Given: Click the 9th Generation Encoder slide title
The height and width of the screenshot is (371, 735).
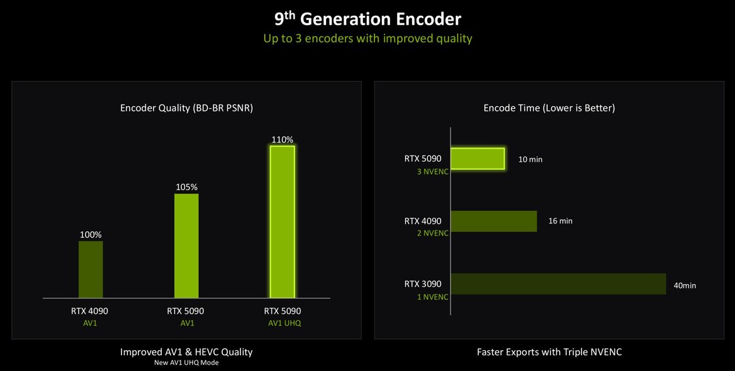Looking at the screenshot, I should pyautogui.click(x=367, y=18).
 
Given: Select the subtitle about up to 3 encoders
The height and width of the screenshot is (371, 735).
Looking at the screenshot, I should pyautogui.click(x=367, y=38).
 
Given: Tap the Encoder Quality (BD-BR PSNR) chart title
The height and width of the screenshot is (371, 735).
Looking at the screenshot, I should pyautogui.click(x=186, y=108).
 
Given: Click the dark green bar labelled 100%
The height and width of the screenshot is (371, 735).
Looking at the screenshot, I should pyautogui.click(x=91, y=269).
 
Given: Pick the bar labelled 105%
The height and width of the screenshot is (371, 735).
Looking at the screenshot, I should pyautogui.click(x=186, y=245).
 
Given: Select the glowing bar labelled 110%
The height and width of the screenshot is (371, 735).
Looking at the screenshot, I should pyautogui.click(x=282, y=221).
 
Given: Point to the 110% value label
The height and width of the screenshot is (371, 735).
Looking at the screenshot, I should pyautogui.click(x=282, y=139).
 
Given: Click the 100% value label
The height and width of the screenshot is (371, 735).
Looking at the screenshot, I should pyautogui.click(x=91, y=235).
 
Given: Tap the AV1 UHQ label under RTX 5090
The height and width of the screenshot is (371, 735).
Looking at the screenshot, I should pyautogui.click(x=282, y=323).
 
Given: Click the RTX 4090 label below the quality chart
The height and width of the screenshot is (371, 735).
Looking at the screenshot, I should pyautogui.click(x=90, y=311).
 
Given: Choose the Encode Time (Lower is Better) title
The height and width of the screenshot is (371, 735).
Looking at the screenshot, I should pyautogui.click(x=549, y=108).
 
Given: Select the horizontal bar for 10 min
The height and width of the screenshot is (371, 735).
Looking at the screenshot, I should pyautogui.click(x=478, y=159).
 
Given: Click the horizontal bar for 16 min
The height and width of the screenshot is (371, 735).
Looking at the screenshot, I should pyautogui.click(x=494, y=221).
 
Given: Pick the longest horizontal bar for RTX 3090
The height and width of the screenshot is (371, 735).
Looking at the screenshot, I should pyautogui.click(x=559, y=283).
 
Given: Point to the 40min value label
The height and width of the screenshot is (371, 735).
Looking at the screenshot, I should pyautogui.click(x=685, y=285).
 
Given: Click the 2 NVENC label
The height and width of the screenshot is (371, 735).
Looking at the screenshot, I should pyautogui.click(x=432, y=233).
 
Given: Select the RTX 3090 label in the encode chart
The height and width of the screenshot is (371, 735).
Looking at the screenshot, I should pyautogui.click(x=423, y=283).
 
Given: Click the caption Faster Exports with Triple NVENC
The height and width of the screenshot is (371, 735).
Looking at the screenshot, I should pyautogui.click(x=549, y=352).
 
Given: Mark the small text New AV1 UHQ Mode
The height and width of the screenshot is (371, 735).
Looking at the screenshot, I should pyautogui.click(x=186, y=363).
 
